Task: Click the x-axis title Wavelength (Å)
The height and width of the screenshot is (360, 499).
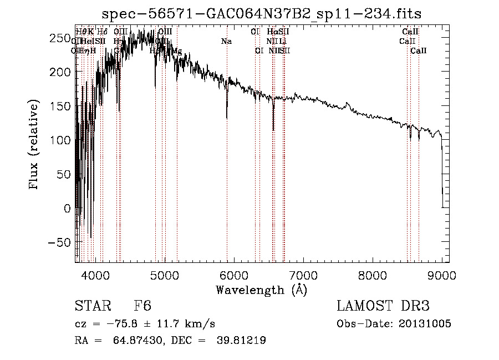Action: click(261, 289)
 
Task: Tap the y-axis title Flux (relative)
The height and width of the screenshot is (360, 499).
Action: click(34, 146)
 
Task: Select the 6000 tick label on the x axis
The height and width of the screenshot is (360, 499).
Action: click(233, 275)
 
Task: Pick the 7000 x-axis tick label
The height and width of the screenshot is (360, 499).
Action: click(303, 275)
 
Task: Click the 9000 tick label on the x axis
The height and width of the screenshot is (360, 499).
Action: click(441, 275)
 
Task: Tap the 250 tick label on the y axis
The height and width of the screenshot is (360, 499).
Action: click(58, 38)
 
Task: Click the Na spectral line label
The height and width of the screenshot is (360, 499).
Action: click(226, 41)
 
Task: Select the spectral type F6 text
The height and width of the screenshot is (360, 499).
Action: click(142, 306)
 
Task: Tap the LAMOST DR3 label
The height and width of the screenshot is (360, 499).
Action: click(383, 306)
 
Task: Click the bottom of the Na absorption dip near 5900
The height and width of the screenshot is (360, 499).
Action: click(227, 118)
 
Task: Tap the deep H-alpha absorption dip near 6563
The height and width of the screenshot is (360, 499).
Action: click(273, 130)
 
